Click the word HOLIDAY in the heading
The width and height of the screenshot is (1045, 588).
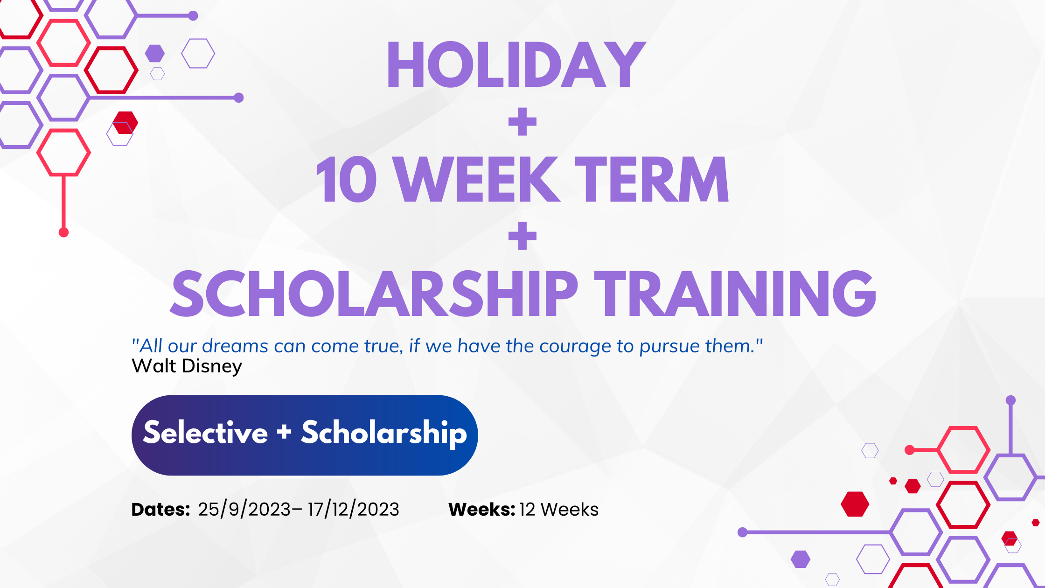516,64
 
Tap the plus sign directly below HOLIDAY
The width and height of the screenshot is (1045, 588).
522,122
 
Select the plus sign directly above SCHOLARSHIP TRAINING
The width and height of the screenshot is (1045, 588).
522,236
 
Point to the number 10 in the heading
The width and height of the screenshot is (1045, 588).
347,179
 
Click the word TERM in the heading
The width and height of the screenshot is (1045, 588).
651,179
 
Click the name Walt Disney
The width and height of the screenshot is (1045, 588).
187,366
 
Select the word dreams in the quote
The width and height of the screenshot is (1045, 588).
235,346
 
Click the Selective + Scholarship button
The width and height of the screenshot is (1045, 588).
305,435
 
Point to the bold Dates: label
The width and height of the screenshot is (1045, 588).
160,509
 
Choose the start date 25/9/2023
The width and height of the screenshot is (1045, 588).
244,509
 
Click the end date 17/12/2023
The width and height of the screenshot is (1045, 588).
353,509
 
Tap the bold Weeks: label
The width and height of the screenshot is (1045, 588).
481,509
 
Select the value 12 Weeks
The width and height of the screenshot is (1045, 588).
559,509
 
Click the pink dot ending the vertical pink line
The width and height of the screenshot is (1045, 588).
64,232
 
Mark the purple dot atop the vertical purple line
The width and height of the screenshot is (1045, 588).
1011,400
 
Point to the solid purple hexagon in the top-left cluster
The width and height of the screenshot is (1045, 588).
155,53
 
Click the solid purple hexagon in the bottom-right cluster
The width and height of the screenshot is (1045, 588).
801,559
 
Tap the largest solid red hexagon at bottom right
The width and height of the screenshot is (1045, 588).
855,504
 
